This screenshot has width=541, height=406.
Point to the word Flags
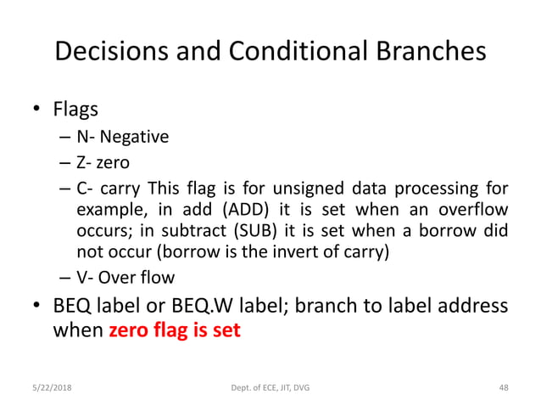(75, 110)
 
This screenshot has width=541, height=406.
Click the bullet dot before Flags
(37, 110)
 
